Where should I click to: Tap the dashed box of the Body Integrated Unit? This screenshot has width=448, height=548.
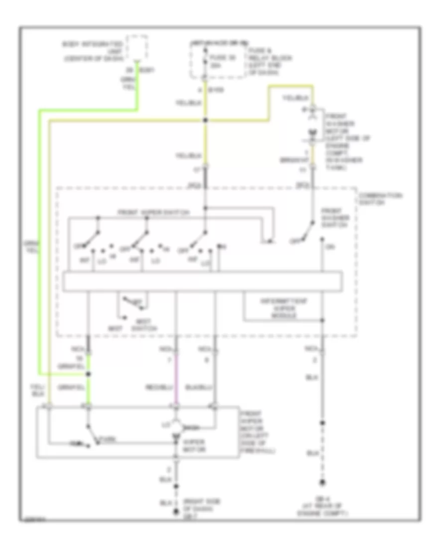137,47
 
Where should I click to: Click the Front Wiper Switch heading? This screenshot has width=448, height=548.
154,213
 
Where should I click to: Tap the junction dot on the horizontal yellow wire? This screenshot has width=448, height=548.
206,120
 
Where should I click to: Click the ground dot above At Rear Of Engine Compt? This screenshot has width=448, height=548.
323,482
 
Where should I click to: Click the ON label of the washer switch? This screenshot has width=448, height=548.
329,246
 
